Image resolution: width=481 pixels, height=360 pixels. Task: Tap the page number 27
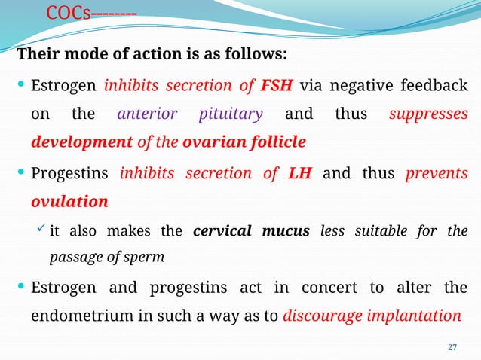(452, 346)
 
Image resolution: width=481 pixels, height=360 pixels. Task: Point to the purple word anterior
(148, 114)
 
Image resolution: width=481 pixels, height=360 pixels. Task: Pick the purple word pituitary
(231, 114)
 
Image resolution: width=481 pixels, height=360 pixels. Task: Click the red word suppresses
(428, 114)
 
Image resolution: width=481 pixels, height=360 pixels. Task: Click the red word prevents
(437, 175)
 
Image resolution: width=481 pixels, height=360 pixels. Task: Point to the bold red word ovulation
(69, 203)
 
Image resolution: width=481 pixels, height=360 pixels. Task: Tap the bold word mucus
(286, 231)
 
